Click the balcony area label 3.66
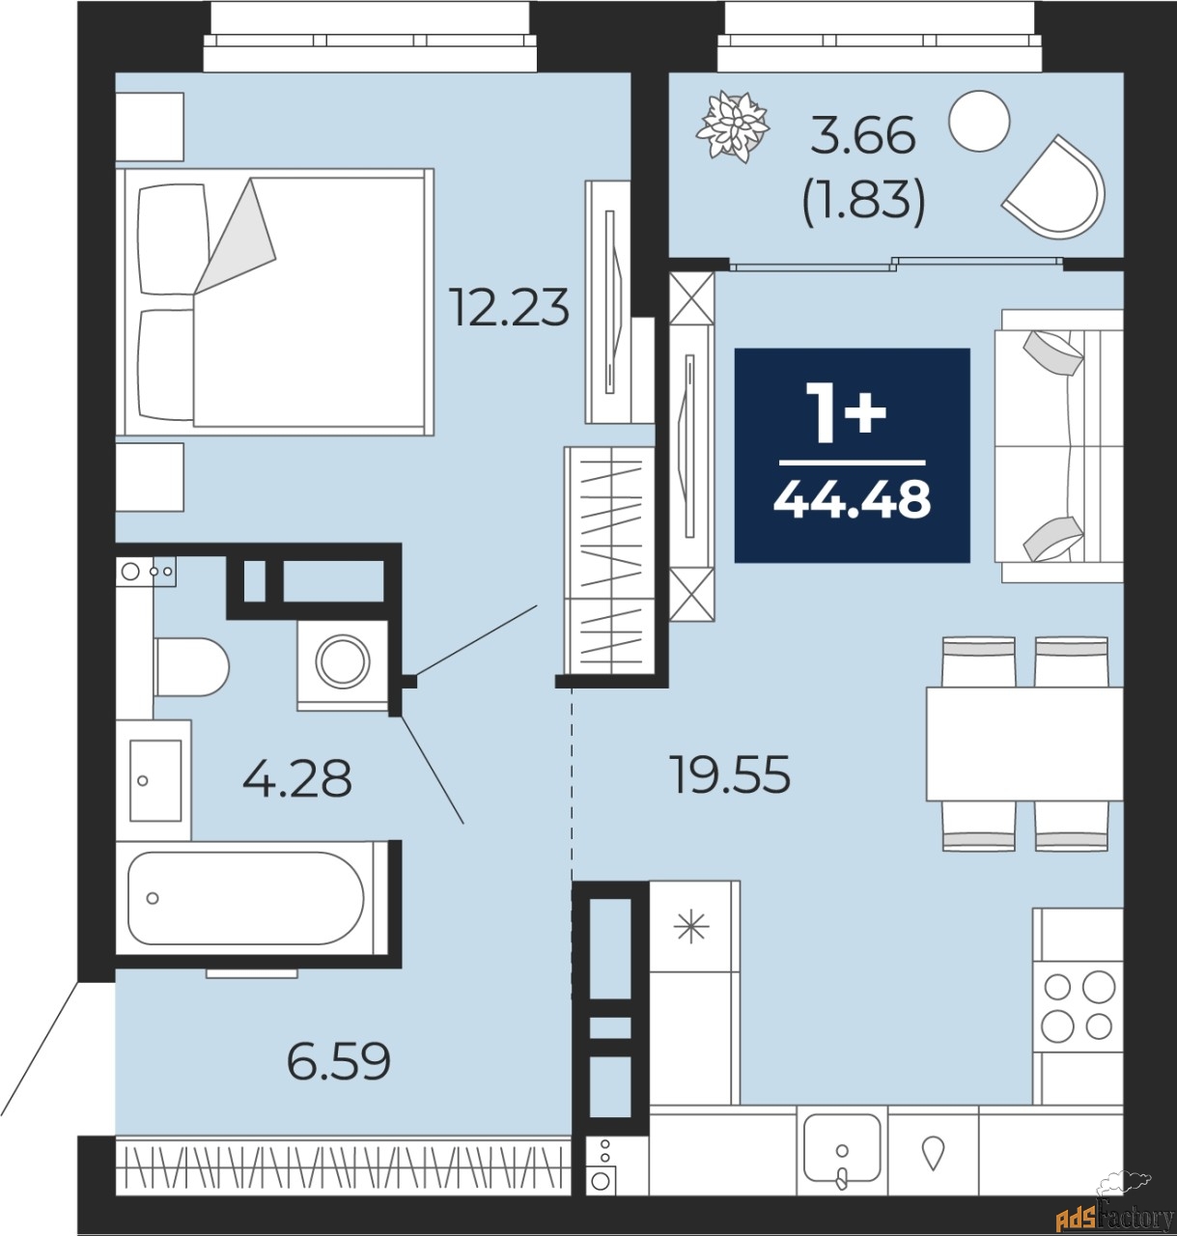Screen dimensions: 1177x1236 click(863, 136)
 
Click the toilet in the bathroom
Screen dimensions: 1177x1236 click(191, 666)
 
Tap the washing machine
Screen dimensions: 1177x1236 click(342, 664)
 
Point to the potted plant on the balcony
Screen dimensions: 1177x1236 click(733, 126)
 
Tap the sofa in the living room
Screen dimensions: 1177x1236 click(1059, 445)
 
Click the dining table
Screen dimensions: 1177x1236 click(1024, 744)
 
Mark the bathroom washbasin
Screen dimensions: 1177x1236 click(154, 779)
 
